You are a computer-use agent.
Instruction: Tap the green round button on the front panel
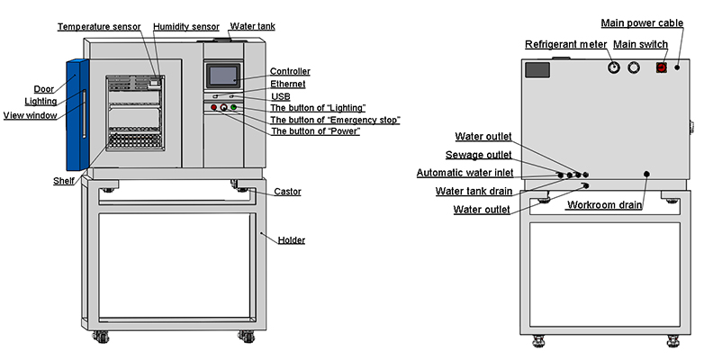pos(234,108)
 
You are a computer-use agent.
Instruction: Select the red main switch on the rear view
pos(661,67)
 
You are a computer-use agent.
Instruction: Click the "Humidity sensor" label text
pos(186,27)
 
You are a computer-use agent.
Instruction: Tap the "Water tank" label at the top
pos(253,27)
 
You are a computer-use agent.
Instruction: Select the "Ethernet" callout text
pos(288,84)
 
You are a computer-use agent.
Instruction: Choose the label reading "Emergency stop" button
pos(335,120)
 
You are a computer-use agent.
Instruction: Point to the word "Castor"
pos(287,192)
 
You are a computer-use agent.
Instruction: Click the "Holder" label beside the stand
pos(291,240)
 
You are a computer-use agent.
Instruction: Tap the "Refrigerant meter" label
pos(565,44)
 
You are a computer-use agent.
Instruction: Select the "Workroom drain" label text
pos(604,205)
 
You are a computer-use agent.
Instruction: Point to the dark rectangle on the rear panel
pos(537,68)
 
